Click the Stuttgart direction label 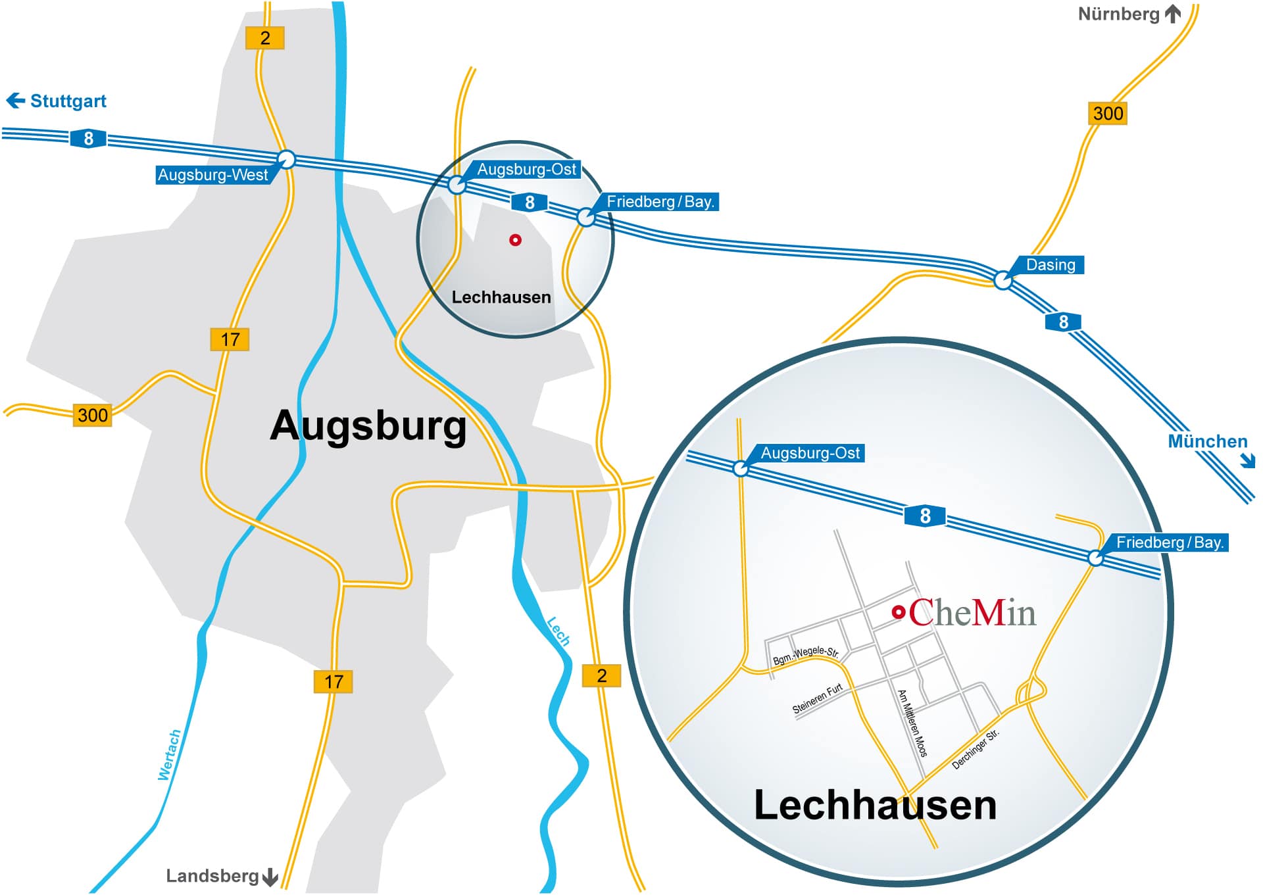click(x=68, y=101)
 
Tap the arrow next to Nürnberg click(x=1173, y=14)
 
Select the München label click(x=1207, y=441)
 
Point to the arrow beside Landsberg click(x=270, y=877)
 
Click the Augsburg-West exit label click(x=212, y=175)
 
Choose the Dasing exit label click(x=1051, y=265)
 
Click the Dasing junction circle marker click(x=1003, y=281)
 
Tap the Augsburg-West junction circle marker click(x=287, y=159)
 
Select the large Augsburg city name click(x=368, y=425)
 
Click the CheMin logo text click(x=972, y=613)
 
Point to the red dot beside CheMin click(x=898, y=612)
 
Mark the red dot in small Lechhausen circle click(x=515, y=240)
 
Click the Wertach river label click(x=169, y=755)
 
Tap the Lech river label click(x=558, y=631)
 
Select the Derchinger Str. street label click(x=976, y=749)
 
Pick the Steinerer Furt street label click(x=817, y=699)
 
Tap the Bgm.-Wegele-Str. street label click(x=806, y=655)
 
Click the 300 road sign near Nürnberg click(x=1108, y=114)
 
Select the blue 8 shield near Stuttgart click(x=88, y=139)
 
